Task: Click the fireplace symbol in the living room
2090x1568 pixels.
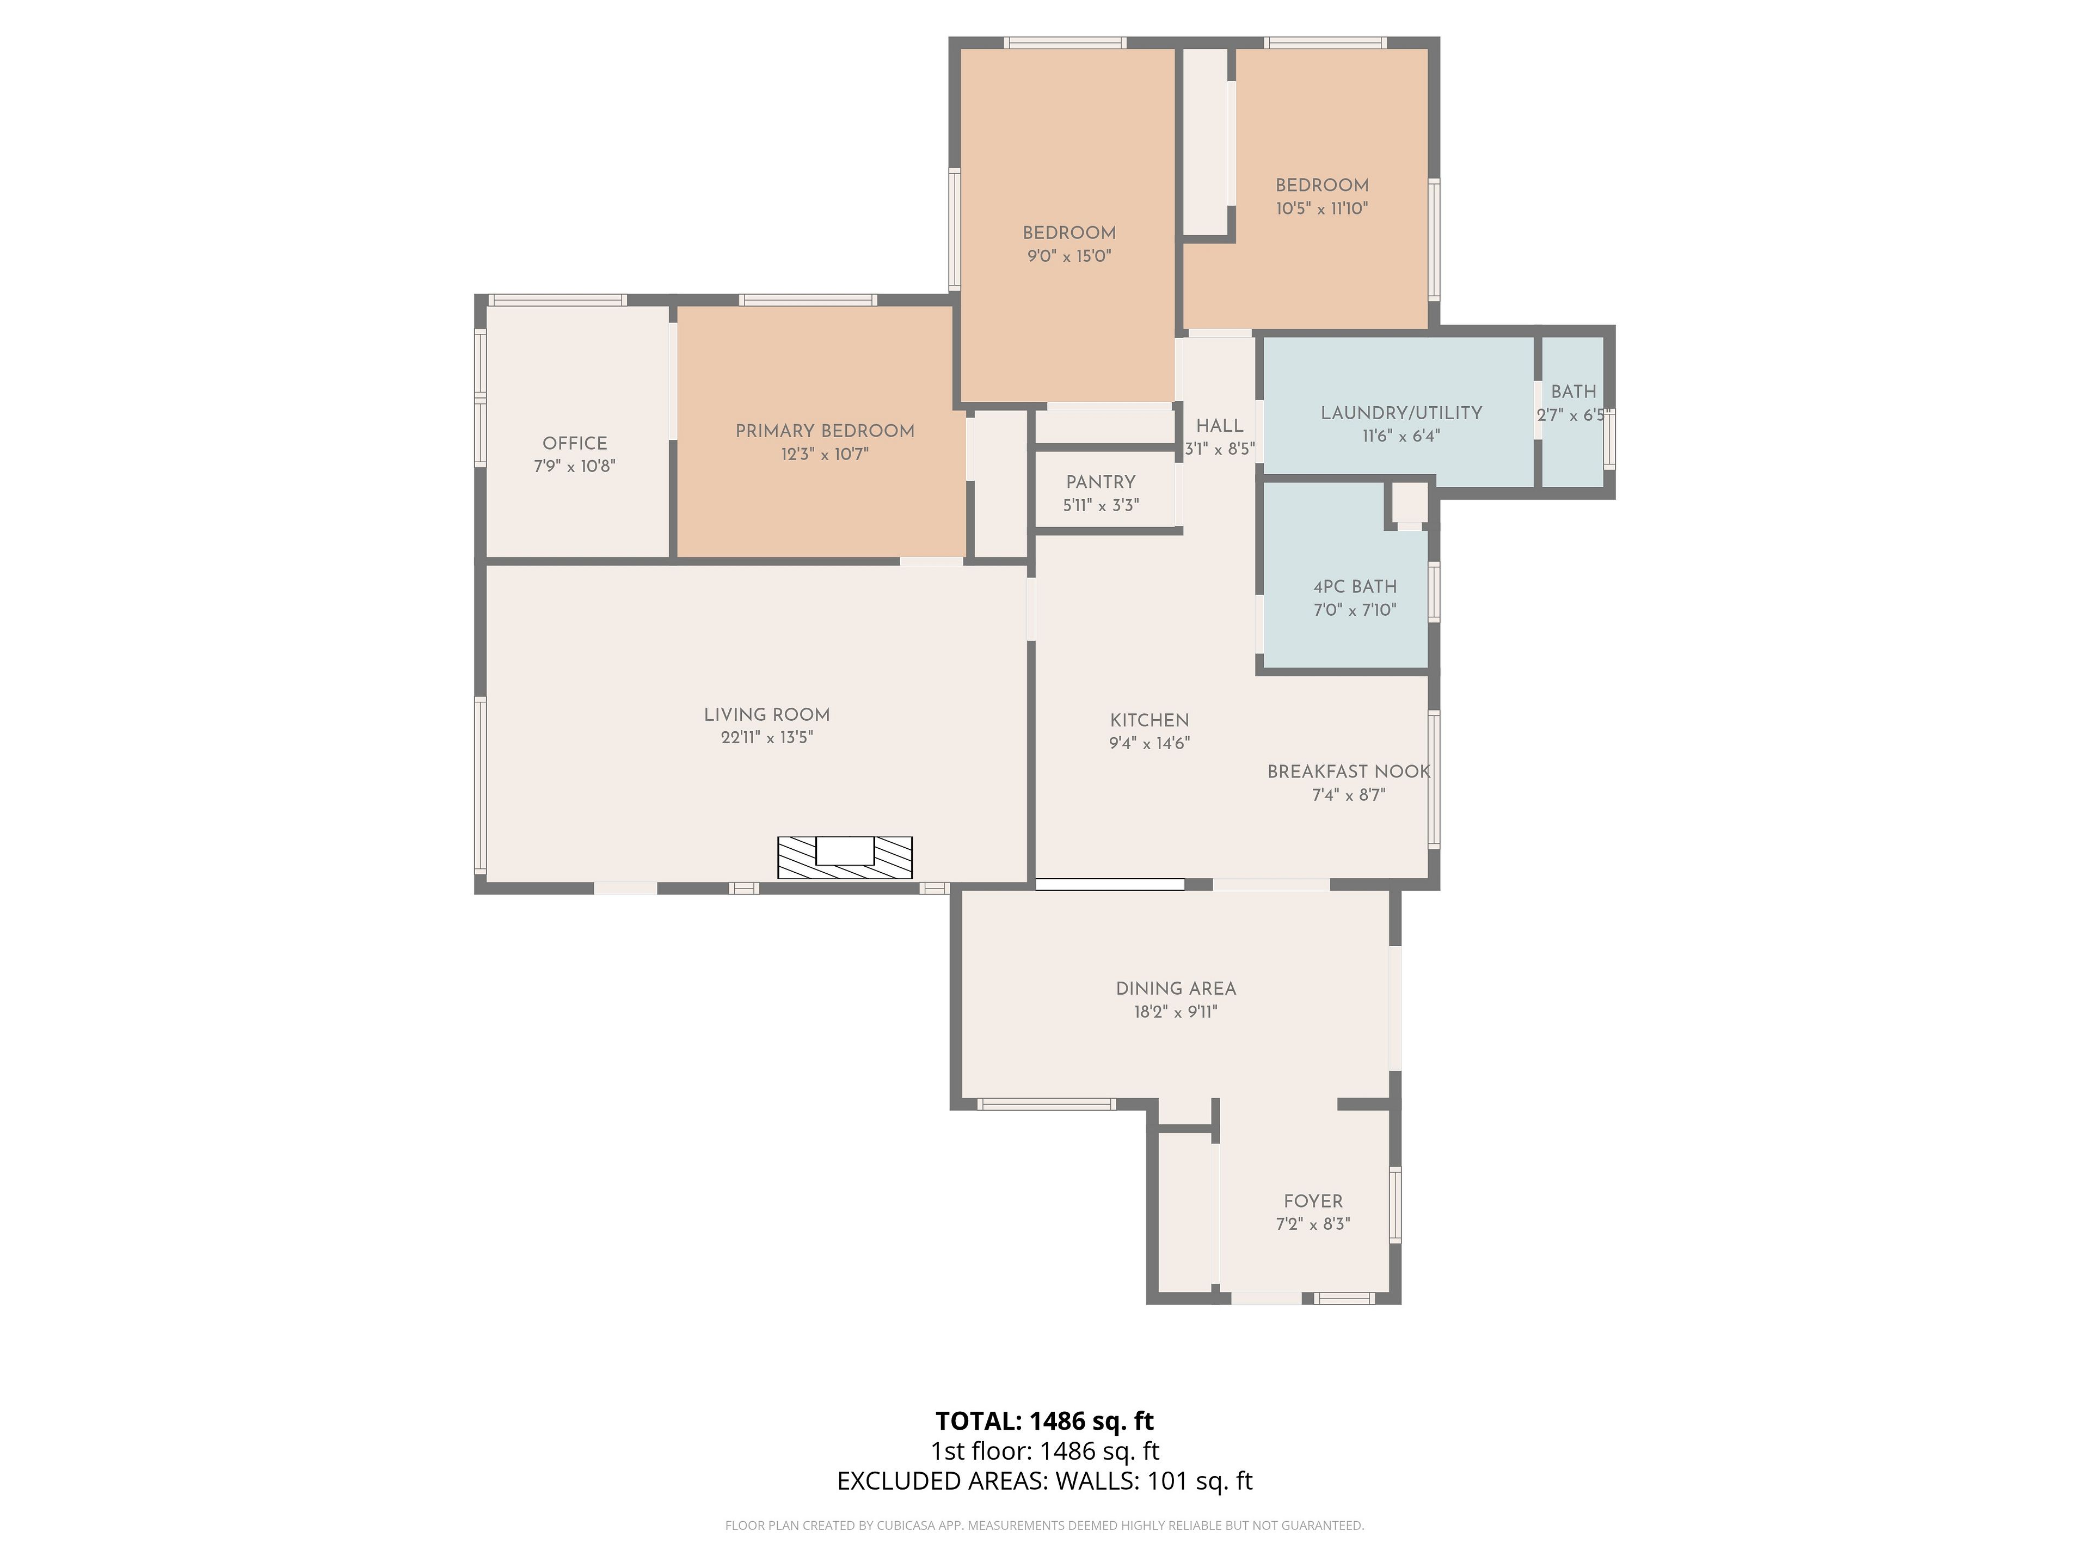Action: tap(845, 857)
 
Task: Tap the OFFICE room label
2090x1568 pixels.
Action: tap(574, 443)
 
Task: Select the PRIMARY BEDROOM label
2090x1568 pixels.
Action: tap(825, 431)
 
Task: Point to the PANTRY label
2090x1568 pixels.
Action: tap(1101, 482)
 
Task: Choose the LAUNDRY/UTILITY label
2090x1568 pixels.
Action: tap(1401, 413)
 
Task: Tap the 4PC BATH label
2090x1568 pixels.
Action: tap(1355, 587)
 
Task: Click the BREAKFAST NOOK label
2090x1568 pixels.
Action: tap(1348, 772)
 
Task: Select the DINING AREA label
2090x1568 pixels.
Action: tap(1176, 989)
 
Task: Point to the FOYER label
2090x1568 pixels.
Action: tap(1312, 1201)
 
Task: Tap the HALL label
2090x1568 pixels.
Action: tap(1220, 426)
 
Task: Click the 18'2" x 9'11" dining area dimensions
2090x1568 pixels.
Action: tap(1176, 1012)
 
